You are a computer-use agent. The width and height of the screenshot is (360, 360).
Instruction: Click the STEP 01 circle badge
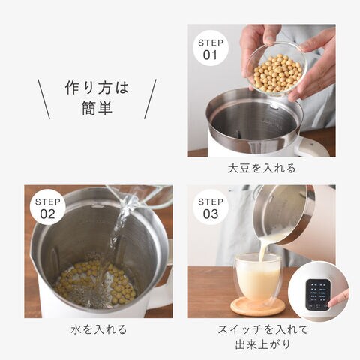pos(211,48)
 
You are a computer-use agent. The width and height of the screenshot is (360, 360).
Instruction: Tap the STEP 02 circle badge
pos(47,207)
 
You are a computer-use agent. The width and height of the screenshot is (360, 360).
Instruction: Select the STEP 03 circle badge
pos(211,207)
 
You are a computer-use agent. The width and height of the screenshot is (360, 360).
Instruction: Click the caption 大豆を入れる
pos(262,168)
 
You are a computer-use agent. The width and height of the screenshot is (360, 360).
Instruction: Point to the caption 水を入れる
pos(98,329)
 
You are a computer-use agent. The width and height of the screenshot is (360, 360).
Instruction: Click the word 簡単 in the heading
pos(97,108)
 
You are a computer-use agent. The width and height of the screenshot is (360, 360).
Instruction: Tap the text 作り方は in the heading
pos(97,88)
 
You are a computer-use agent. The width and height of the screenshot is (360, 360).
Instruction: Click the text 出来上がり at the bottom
pos(262,344)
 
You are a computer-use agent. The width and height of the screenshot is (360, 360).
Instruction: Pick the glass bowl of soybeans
pos(276,70)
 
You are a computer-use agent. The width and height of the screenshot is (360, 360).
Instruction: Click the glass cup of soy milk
pos(258,277)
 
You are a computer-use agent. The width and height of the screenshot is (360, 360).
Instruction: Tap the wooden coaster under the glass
pos(257,306)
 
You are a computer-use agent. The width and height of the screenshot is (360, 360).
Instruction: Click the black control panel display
pos(318,295)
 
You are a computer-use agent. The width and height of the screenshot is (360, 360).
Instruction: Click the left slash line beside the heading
pos(44,99)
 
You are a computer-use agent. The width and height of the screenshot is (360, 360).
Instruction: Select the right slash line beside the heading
pos(150,99)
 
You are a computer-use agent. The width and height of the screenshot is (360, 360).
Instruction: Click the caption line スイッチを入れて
pos(262,329)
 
